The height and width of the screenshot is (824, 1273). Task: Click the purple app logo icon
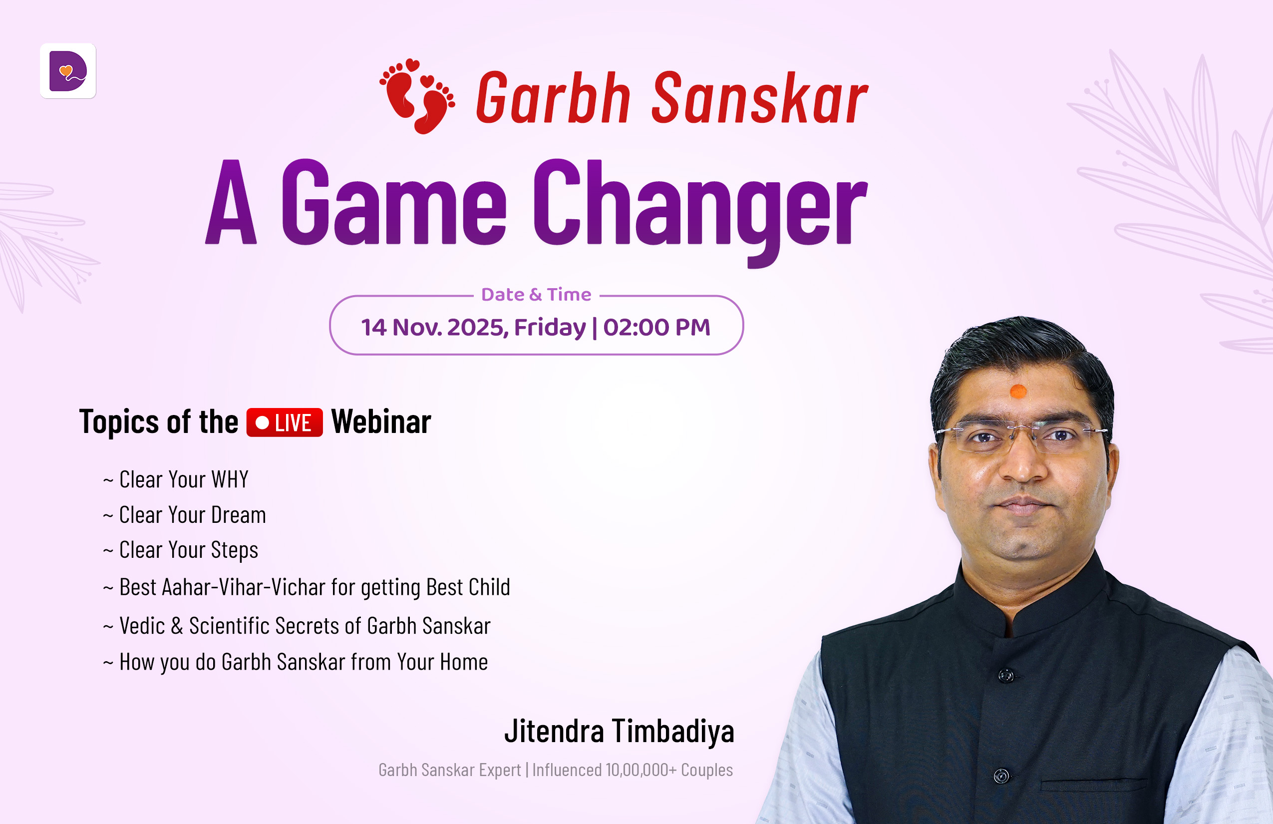(x=68, y=71)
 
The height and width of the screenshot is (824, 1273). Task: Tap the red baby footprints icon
(x=417, y=96)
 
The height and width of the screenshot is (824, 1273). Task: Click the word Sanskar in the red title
(x=759, y=98)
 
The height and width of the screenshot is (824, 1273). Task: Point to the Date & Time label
(x=536, y=294)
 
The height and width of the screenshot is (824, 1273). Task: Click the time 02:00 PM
(x=657, y=327)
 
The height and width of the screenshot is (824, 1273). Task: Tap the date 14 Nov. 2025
(x=434, y=328)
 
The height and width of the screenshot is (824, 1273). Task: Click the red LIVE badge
(x=285, y=422)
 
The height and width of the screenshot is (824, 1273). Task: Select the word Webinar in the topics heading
(x=381, y=421)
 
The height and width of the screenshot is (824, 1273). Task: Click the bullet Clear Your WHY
(x=176, y=479)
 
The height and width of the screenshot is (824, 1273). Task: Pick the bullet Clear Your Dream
(x=185, y=515)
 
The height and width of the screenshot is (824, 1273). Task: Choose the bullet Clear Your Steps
(x=181, y=550)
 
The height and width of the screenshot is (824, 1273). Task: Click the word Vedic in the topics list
(x=142, y=625)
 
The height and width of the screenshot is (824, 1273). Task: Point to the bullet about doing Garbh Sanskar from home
(x=295, y=662)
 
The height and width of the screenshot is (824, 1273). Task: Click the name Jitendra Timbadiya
(x=620, y=731)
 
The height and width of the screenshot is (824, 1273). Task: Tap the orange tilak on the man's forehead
(x=1018, y=392)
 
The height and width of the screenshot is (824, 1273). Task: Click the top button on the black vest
(x=1006, y=675)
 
